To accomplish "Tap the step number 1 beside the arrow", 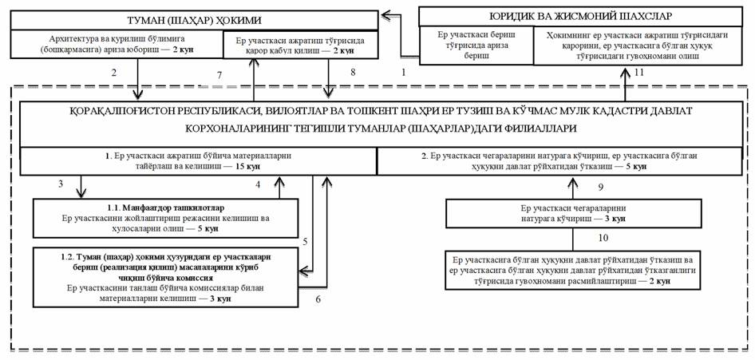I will [x=403, y=72].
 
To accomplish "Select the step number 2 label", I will [x=114, y=73].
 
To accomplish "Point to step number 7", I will [x=219, y=75].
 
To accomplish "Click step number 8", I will [x=351, y=73].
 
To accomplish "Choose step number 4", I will [x=258, y=185].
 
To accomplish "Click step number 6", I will [x=318, y=299].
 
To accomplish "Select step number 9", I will [x=600, y=188].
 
